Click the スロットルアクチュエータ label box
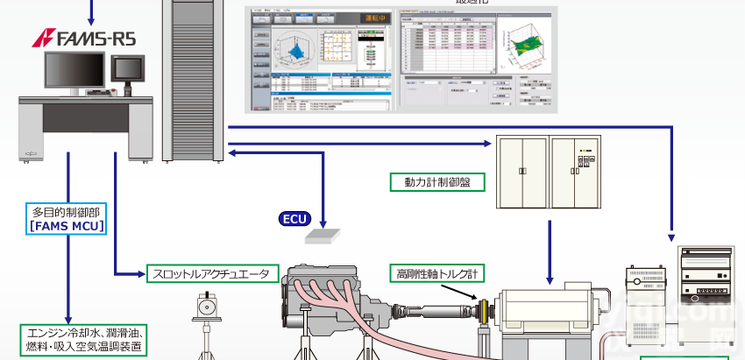coord(210,274)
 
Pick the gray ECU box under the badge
coord(324,235)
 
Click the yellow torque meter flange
coord(483,312)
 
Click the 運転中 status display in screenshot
coord(360,18)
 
